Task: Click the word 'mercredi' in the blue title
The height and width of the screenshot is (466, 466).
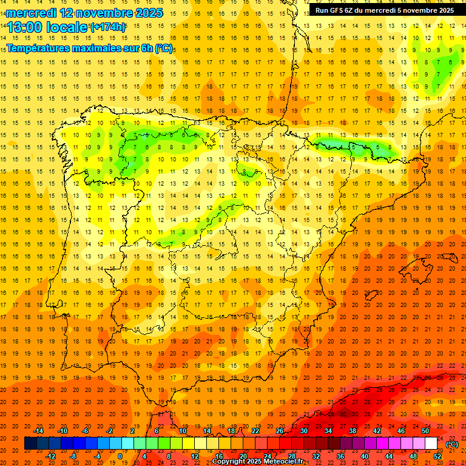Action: tap(30, 13)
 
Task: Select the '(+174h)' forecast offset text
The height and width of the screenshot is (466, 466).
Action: tap(108, 27)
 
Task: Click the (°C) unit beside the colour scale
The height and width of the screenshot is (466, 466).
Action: tap(452, 444)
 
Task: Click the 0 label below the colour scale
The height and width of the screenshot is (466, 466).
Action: tap(120, 456)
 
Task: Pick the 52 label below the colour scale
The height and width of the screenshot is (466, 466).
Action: tap(437, 456)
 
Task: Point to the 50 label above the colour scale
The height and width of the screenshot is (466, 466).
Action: tap(425, 431)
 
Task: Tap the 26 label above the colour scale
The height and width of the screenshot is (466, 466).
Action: tap(280, 431)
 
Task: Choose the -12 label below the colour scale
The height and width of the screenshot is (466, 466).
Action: tap(50, 456)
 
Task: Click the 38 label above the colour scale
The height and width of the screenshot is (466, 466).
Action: tap(353, 431)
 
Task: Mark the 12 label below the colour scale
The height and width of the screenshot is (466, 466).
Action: tap(195, 456)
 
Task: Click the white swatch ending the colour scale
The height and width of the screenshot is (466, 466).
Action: tap(431, 444)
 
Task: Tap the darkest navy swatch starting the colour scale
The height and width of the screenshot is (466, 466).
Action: tap(30, 444)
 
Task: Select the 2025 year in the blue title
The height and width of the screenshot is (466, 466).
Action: tap(147, 13)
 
